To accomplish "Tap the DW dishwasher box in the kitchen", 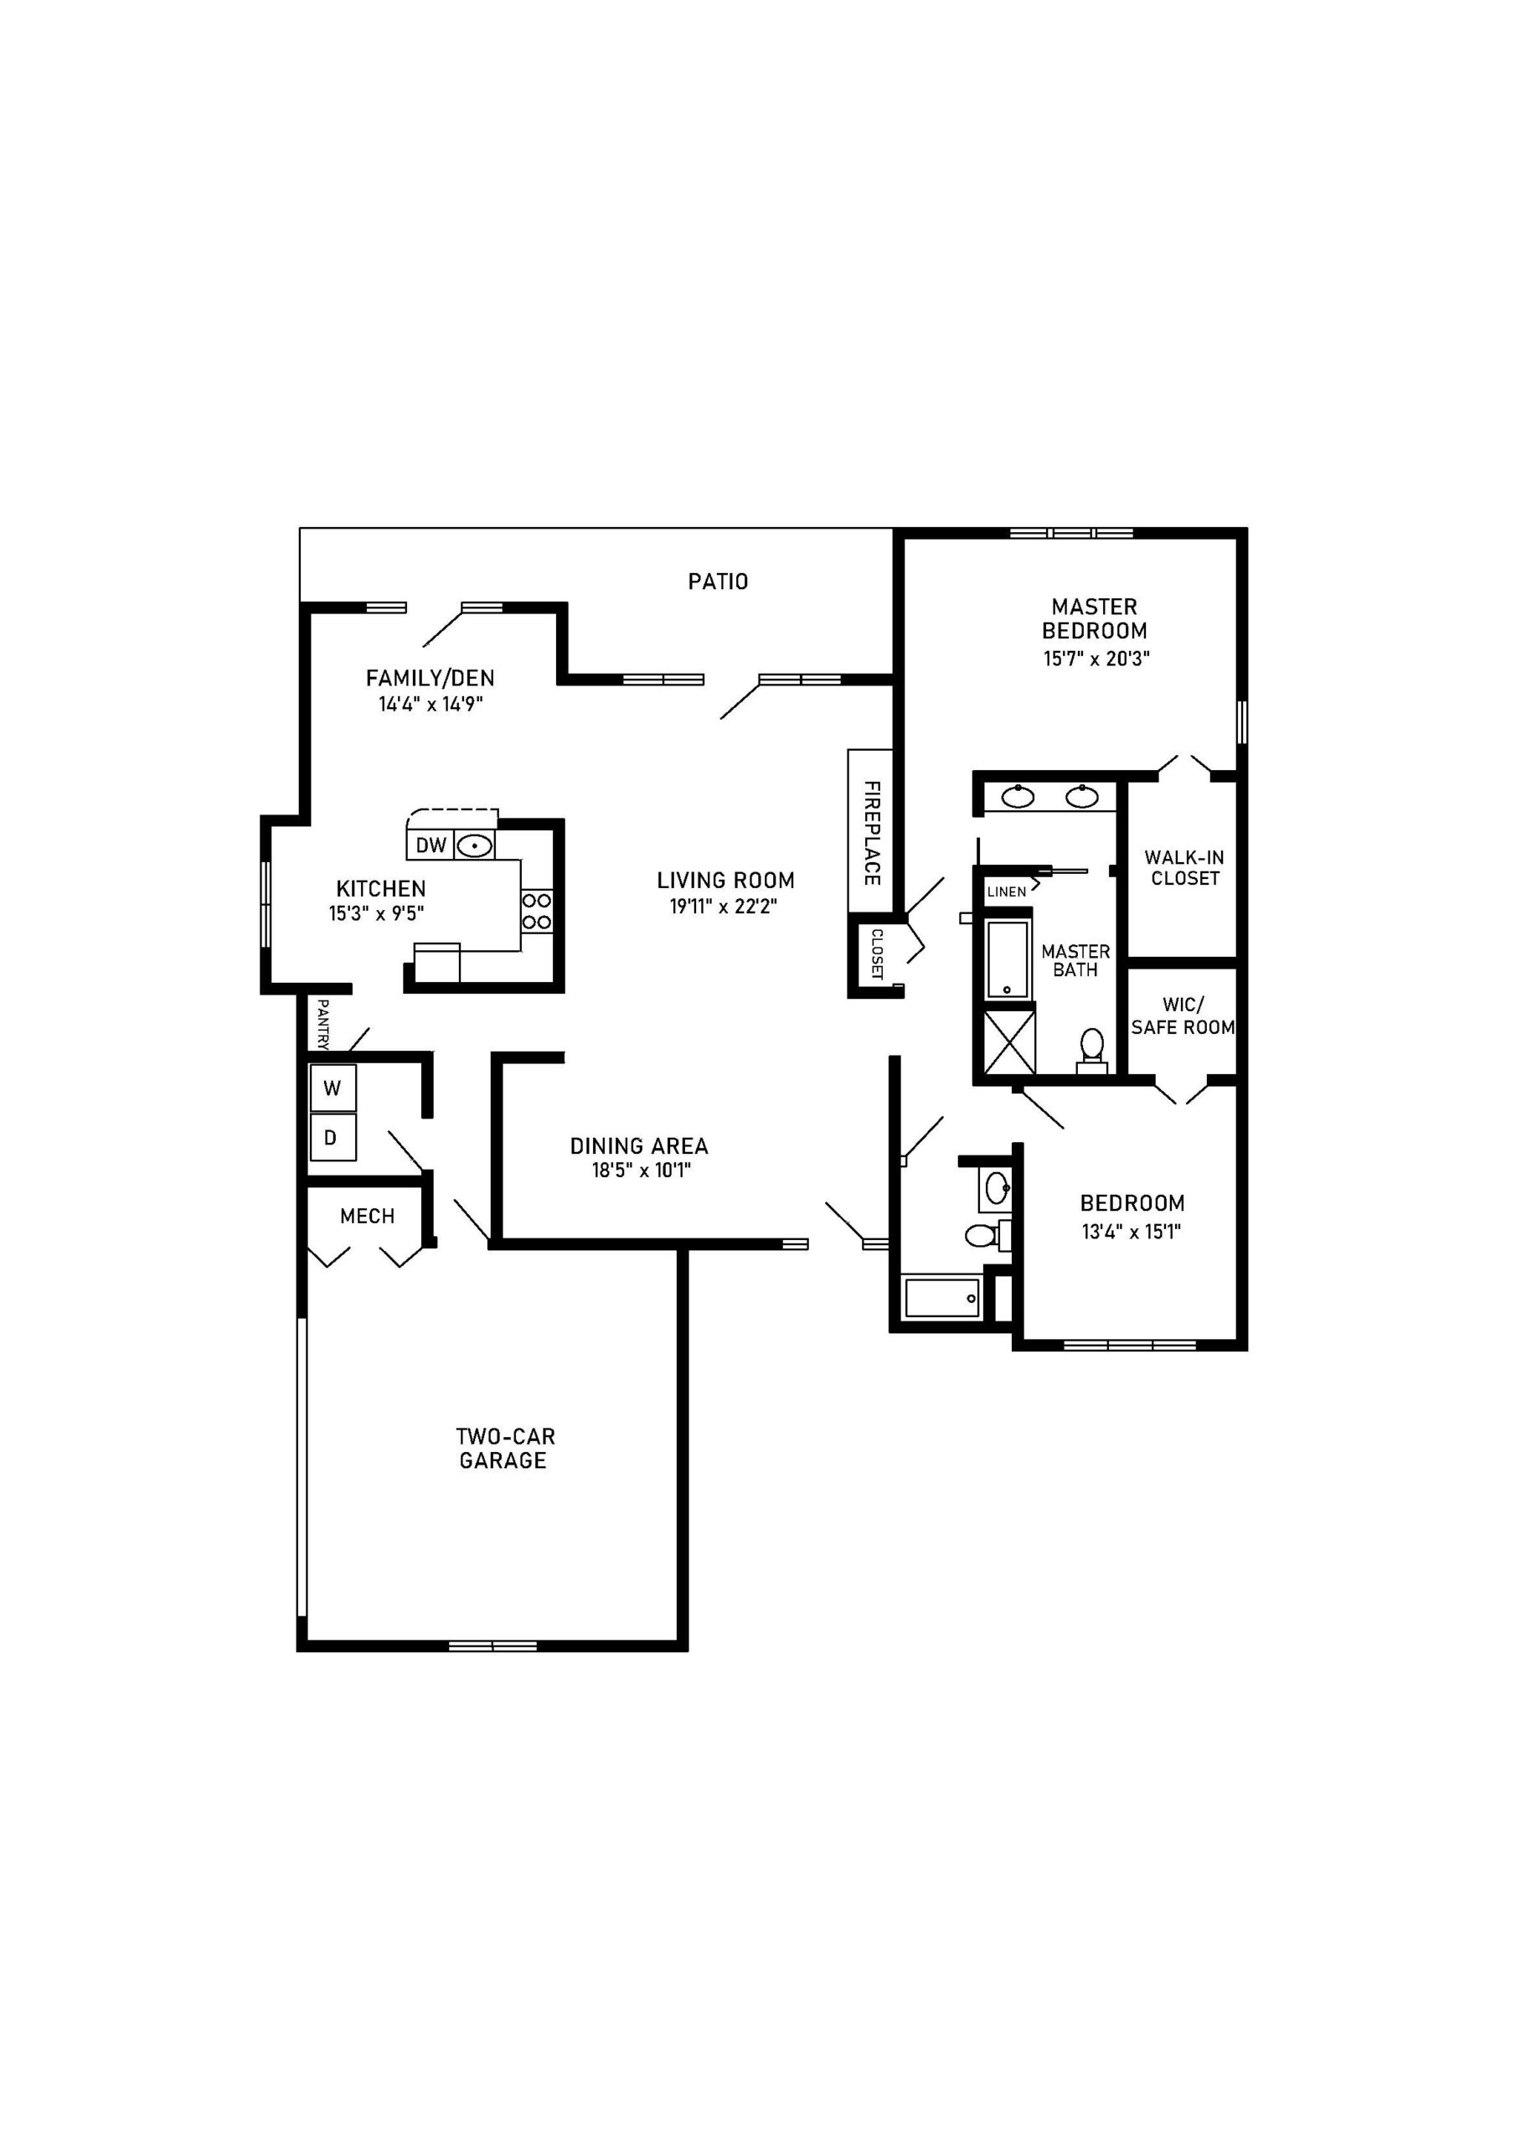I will pyautogui.click(x=431, y=845).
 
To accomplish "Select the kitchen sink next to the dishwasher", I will pyautogui.click(x=475, y=845).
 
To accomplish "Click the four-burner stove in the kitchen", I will pyautogui.click(x=536, y=911).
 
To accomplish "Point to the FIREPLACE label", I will pyautogui.click(x=870, y=831).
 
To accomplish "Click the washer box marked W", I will pyautogui.click(x=333, y=1088).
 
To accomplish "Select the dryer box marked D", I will pyautogui.click(x=331, y=1137).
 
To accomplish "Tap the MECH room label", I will pyautogui.click(x=367, y=1216).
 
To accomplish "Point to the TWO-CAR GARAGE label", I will pyautogui.click(x=504, y=1448).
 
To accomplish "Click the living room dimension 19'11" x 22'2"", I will pyautogui.click(x=724, y=907).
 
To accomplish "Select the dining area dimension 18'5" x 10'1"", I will pyautogui.click(x=641, y=1171).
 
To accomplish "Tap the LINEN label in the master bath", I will pyautogui.click(x=1006, y=892).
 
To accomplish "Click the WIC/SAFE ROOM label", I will pyautogui.click(x=1183, y=1016).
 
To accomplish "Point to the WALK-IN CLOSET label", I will pyautogui.click(x=1184, y=867).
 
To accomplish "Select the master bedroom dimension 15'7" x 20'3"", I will pyautogui.click(x=1096, y=659).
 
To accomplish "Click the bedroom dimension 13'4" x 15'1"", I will pyautogui.click(x=1132, y=1232).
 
